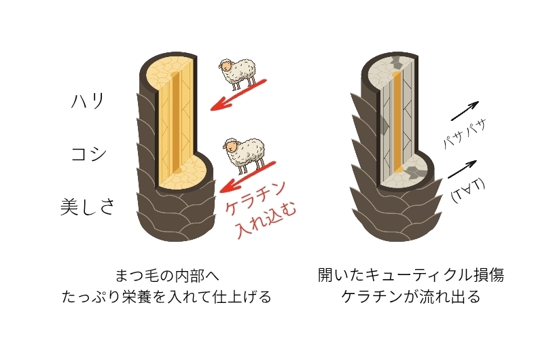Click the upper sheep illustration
[x=236, y=73]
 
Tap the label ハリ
[x=88, y=101]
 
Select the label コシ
[x=88, y=154]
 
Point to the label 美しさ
[x=88, y=206]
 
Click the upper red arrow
[x=238, y=95]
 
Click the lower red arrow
[x=247, y=177]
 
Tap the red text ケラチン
[x=255, y=198]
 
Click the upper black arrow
[x=465, y=111]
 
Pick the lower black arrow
[x=463, y=170]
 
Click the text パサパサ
[x=465, y=134]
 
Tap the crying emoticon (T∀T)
[x=467, y=190]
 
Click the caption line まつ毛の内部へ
[x=168, y=275]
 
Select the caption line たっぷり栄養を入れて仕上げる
[x=166, y=297]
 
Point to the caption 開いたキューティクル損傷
[x=411, y=275]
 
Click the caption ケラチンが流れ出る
[x=411, y=297]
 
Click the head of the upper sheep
[x=226, y=67]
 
